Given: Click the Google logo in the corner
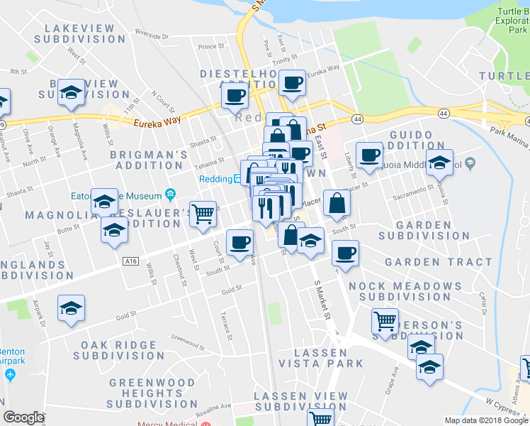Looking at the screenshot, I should tap(23, 417).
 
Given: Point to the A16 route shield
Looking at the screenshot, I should tap(130, 261).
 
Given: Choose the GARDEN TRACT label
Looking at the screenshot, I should tap(438, 262).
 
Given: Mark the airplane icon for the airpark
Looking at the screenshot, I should tap(10, 373).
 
